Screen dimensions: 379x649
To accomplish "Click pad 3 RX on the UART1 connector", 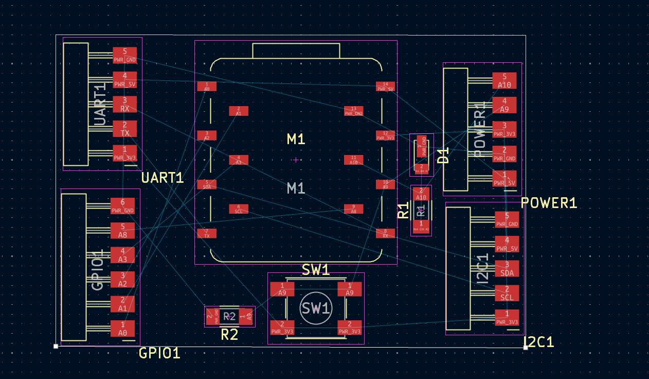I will pyautogui.click(x=125, y=104).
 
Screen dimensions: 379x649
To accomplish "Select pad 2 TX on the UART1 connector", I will pyautogui.click(x=125, y=129).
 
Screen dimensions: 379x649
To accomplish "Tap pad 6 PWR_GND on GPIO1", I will pyautogui.click(x=123, y=206).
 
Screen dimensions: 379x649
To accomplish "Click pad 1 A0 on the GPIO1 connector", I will pyautogui.click(x=123, y=329).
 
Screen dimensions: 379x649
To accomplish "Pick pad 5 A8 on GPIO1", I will pyautogui.click(x=123, y=231).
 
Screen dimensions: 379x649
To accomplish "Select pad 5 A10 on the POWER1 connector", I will pyautogui.click(x=504, y=81).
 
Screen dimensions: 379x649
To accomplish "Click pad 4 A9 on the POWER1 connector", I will pyautogui.click(x=504, y=105).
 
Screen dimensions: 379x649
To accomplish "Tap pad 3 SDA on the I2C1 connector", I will pyautogui.click(x=507, y=268).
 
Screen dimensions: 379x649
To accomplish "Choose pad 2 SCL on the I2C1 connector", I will pyautogui.click(x=507, y=293).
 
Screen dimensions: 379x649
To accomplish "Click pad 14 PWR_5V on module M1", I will pyautogui.click(x=385, y=87).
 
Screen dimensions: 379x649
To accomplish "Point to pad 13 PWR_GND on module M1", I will pyautogui.click(x=354, y=111).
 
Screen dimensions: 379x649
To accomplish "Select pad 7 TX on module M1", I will pyautogui.click(x=207, y=233).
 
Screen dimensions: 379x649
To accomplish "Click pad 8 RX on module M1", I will pyautogui.click(x=385, y=233).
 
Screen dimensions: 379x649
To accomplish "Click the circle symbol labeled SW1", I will pyautogui.click(x=316, y=308).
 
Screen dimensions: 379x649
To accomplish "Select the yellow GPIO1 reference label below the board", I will pyautogui.click(x=160, y=353).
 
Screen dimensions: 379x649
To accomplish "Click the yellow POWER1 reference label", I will pyautogui.click(x=549, y=203).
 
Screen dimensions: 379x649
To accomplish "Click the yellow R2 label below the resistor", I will pyautogui.click(x=229, y=335).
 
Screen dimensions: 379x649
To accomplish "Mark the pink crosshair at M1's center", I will pyautogui.click(x=296, y=160).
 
